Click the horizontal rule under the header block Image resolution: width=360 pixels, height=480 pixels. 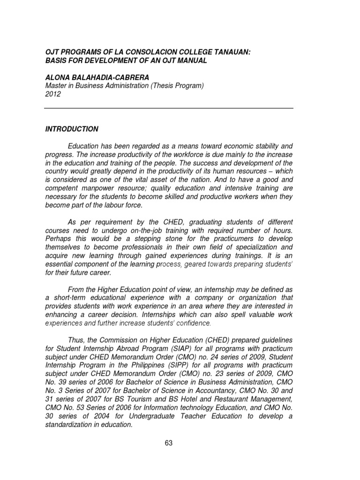(x=169, y=108)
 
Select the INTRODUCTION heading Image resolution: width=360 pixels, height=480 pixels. (x=71, y=129)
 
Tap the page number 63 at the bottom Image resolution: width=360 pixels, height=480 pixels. (x=169, y=444)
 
